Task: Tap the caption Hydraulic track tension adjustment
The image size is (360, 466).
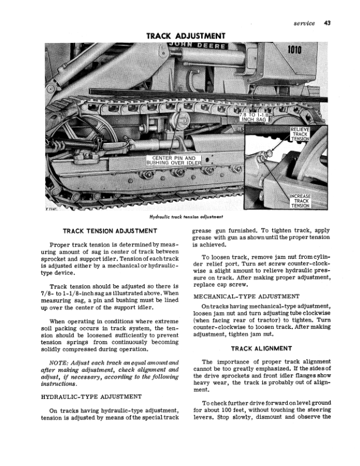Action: [184, 218]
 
